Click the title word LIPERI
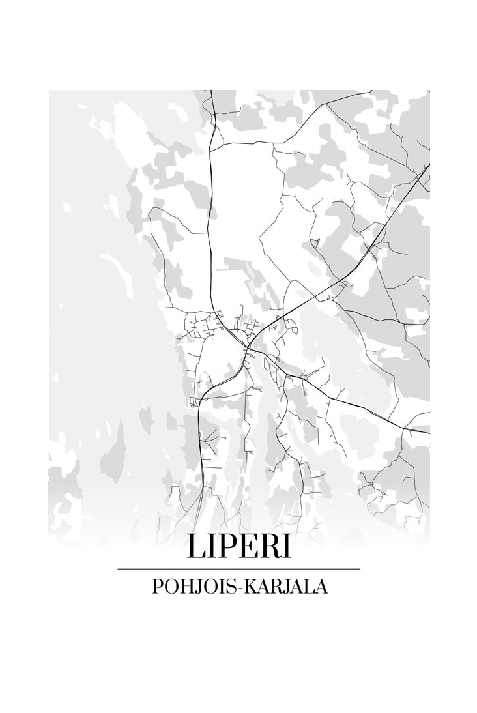click(238, 547)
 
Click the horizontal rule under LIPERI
click(238, 569)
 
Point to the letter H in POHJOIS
click(184, 587)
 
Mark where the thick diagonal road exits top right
click(428, 166)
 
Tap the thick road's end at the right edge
click(428, 432)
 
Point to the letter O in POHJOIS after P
click(170, 587)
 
